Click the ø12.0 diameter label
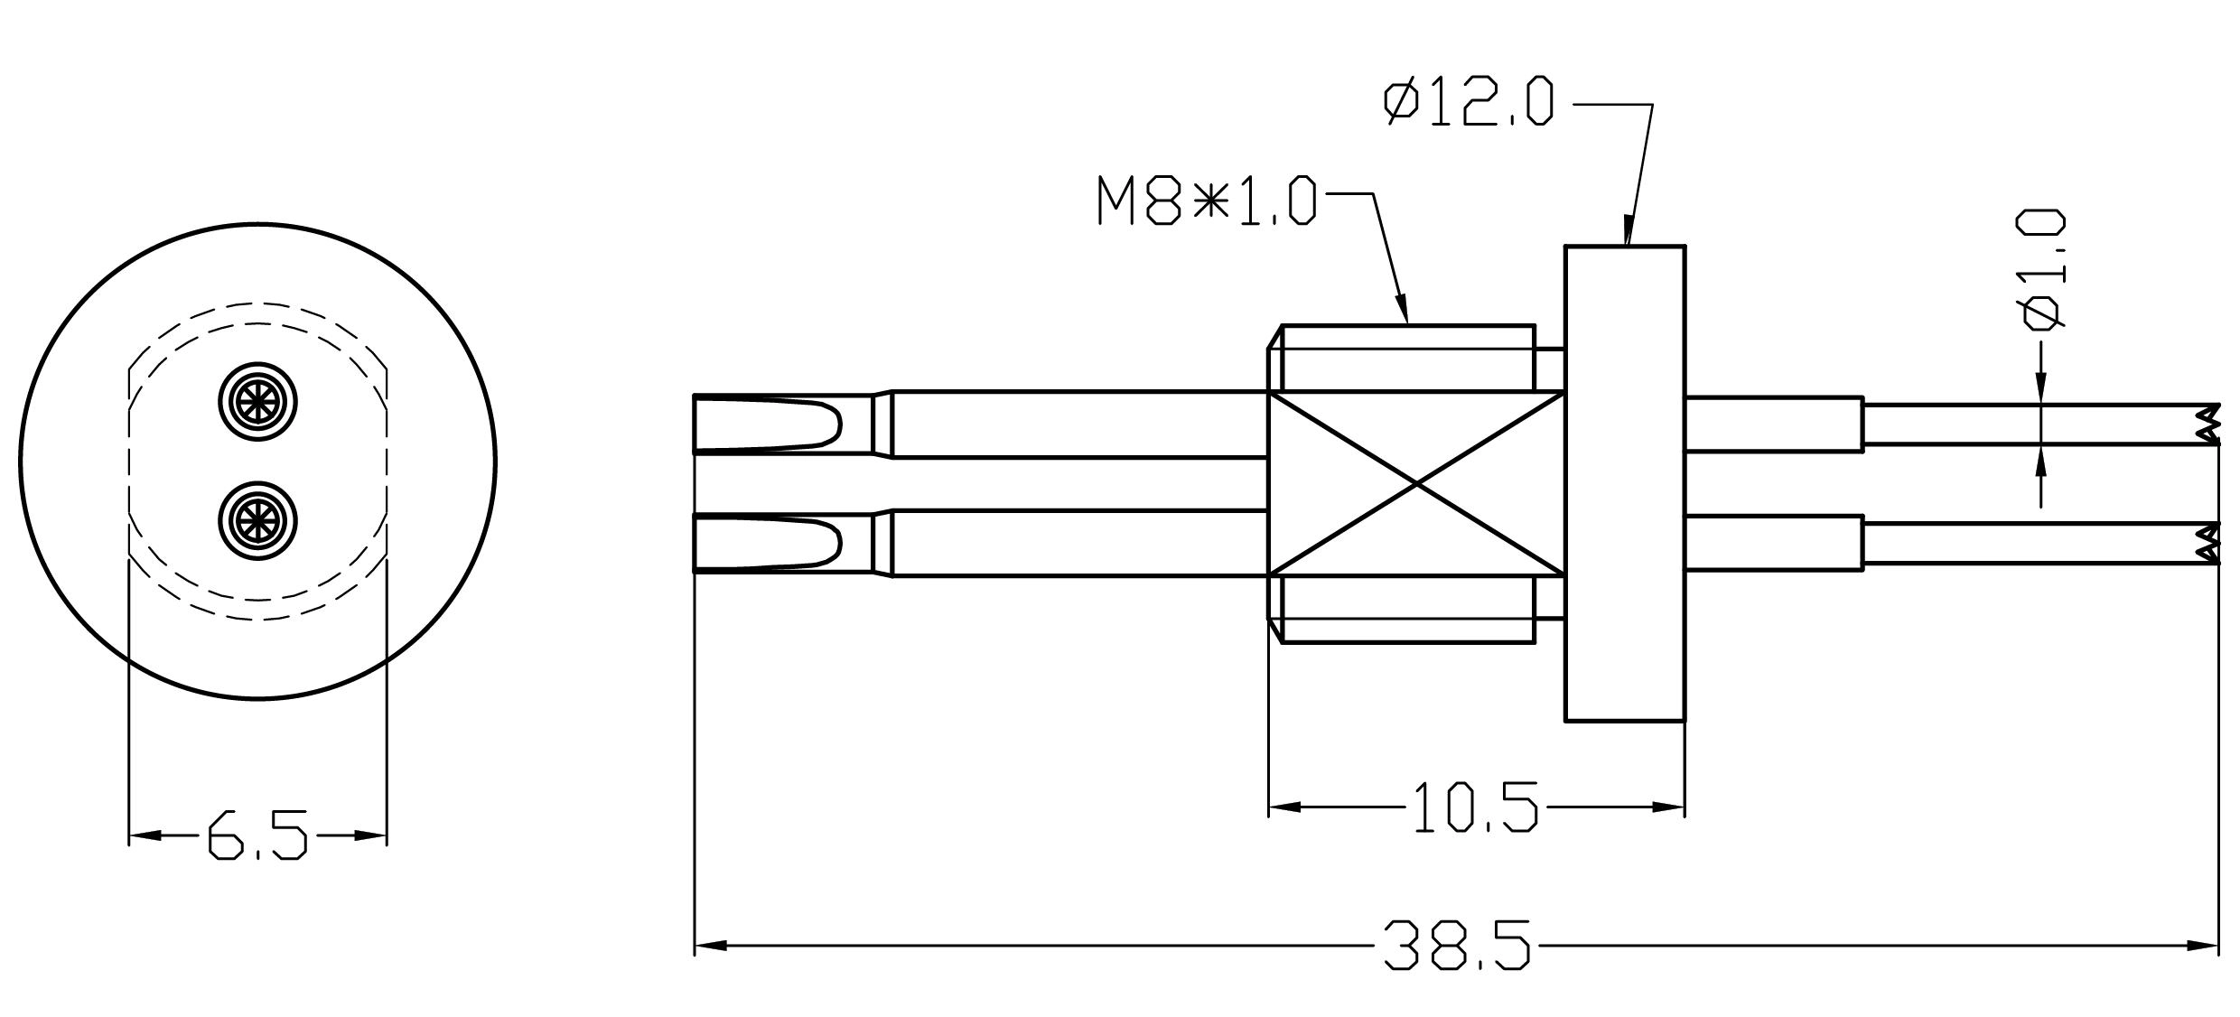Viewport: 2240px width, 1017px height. click(1470, 102)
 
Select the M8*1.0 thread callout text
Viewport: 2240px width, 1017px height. click(1207, 201)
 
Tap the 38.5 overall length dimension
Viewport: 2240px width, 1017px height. click(1458, 946)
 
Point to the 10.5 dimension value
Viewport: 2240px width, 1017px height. click(1474, 807)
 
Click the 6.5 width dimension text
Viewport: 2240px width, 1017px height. click(257, 835)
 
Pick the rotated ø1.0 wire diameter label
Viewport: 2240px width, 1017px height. click(2042, 271)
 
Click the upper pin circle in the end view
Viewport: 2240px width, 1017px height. click(258, 402)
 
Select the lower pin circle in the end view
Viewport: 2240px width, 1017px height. click(258, 520)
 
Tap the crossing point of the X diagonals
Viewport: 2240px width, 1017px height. click(1416, 484)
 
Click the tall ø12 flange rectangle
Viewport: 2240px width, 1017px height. click(1625, 483)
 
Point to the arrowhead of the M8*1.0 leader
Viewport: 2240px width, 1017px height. click(1403, 310)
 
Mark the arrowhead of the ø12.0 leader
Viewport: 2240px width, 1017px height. click(1629, 231)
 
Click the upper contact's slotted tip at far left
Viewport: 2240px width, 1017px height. click(768, 423)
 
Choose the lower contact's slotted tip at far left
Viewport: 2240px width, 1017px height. click(768, 542)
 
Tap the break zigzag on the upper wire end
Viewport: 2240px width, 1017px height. click(2208, 425)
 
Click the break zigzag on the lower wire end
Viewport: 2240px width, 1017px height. click(2208, 544)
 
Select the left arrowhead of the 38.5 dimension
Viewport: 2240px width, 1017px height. click(711, 946)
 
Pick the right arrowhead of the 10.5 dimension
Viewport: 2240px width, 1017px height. click(1668, 807)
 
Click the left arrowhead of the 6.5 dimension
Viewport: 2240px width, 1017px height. click(145, 835)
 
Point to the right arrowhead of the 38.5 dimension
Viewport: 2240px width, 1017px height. click(2202, 946)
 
